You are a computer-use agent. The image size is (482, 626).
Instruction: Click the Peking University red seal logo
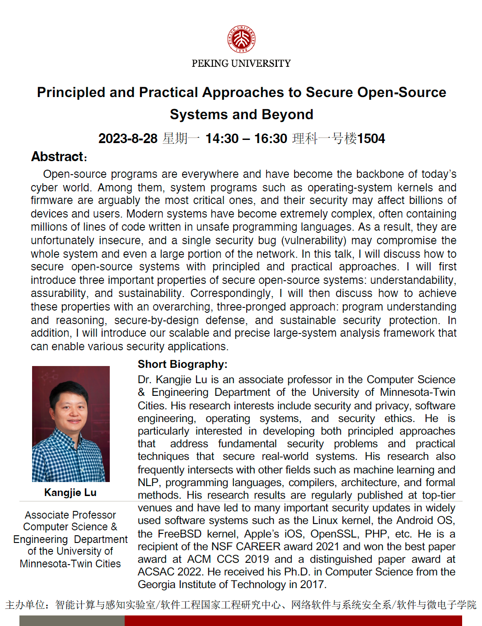click(241, 39)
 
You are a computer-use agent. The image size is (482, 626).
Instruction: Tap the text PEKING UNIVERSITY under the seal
click(241, 64)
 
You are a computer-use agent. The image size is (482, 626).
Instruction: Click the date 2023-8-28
click(128, 139)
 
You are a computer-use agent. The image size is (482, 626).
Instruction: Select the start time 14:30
click(222, 139)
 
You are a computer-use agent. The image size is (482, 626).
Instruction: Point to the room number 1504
click(371, 139)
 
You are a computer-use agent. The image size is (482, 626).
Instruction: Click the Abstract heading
click(58, 157)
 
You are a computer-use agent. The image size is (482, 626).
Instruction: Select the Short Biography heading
click(183, 364)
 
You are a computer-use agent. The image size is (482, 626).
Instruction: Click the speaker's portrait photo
click(71, 424)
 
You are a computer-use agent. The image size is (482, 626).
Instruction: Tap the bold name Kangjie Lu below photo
click(70, 492)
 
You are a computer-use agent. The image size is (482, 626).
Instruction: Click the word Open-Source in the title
click(402, 93)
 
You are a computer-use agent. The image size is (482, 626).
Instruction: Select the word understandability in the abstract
click(412, 280)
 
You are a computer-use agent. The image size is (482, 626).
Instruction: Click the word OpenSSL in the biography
click(334, 534)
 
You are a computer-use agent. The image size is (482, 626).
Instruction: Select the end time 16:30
click(271, 139)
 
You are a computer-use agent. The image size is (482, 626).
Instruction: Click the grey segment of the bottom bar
click(72, 621)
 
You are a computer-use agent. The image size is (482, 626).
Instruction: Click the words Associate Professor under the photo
click(70, 515)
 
